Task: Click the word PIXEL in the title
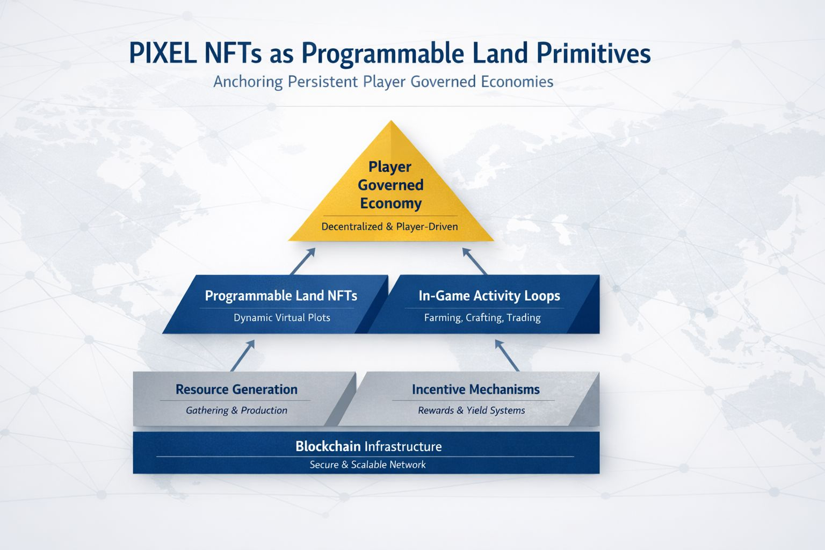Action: pyautogui.click(x=162, y=53)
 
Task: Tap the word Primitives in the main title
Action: pyautogui.click(x=594, y=53)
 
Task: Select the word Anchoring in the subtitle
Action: pyautogui.click(x=248, y=82)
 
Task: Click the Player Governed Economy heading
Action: pyautogui.click(x=391, y=185)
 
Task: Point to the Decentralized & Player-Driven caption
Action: pyautogui.click(x=389, y=227)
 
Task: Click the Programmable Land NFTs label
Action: pyautogui.click(x=281, y=296)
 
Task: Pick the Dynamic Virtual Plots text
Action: pyautogui.click(x=282, y=317)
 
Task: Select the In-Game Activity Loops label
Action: pyautogui.click(x=489, y=296)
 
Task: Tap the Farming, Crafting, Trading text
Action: pyautogui.click(x=482, y=317)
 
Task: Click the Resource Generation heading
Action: pyautogui.click(x=236, y=389)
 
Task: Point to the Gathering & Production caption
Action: pyautogui.click(x=236, y=410)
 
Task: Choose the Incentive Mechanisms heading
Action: pyautogui.click(x=476, y=389)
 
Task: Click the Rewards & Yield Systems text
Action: pyautogui.click(x=472, y=410)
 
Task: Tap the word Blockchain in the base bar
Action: pyautogui.click(x=328, y=446)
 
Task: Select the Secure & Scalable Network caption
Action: pyautogui.click(x=367, y=465)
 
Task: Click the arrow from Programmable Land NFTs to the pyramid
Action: pyautogui.click(x=303, y=261)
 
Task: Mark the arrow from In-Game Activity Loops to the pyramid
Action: pyautogui.click(x=474, y=261)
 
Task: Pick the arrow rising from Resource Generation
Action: pyautogui.click(x=243, y=356)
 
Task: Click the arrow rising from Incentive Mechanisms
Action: pyautogui.click(x=507, y=356)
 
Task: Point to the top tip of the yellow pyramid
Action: pyautogui.click(x=391, y=121)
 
